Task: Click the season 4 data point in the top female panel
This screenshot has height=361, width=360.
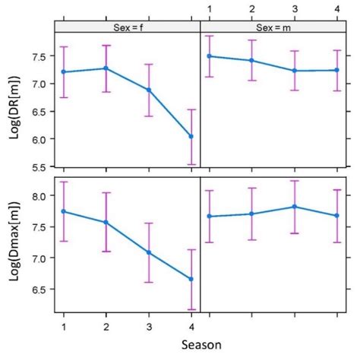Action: [191, 137]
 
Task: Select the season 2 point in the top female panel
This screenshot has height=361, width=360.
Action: [106, 68]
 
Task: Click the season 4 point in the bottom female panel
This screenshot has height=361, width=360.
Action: [191, 279]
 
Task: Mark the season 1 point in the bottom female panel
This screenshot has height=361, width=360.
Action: [64, 211]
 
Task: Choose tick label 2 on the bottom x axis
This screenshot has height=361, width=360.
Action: [106, 325]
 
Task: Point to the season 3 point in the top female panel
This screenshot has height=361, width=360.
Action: [148, 90]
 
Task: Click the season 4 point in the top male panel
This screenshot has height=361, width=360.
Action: [336, 70]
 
